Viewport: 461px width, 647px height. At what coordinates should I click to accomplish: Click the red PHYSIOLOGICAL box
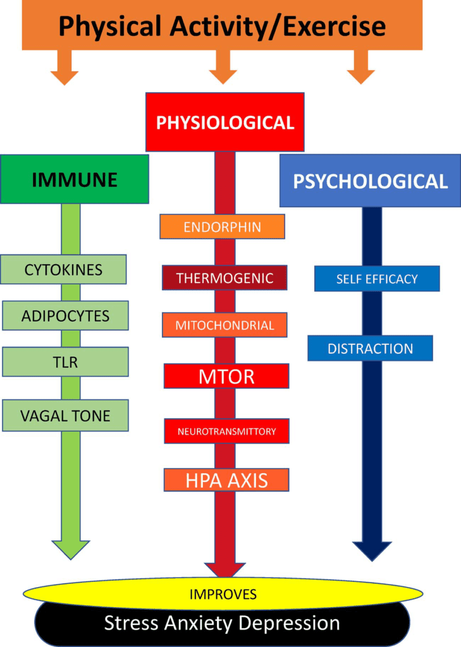click(x=224, y=122)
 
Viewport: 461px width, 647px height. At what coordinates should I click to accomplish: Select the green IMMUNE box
click(x=75, y=179)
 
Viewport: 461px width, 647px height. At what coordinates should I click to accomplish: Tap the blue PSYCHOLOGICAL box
click(x=370, y=181)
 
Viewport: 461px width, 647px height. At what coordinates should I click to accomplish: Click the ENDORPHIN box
click(x=222, y=227)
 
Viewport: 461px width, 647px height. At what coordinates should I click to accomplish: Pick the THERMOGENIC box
click(x=224, y=278)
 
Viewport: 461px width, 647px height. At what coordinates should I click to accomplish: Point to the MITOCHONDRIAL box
click(x=224, y=325)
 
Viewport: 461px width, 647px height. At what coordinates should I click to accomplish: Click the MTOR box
click(x=226, y=377)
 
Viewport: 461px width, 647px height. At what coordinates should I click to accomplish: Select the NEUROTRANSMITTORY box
click(x=226, y=431)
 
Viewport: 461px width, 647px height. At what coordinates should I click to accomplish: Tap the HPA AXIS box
click(x=226, y=480)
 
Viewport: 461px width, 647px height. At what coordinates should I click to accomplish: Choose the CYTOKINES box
click(x=63, y=270)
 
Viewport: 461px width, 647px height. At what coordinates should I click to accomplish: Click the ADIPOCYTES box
click(x=65, y=315)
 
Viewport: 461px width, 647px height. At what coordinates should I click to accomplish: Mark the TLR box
click(x=65, y=361)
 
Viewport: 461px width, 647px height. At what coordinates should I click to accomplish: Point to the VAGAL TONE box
click(x=65, y=415)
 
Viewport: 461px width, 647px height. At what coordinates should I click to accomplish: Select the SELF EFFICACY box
click(x=377, y=279)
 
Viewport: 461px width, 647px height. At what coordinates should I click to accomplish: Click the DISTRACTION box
click(x=370, y=348)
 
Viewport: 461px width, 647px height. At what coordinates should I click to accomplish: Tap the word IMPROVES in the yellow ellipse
click(x=223, y=594)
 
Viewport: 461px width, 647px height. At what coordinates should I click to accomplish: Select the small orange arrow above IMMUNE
click(x=65, y=68)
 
